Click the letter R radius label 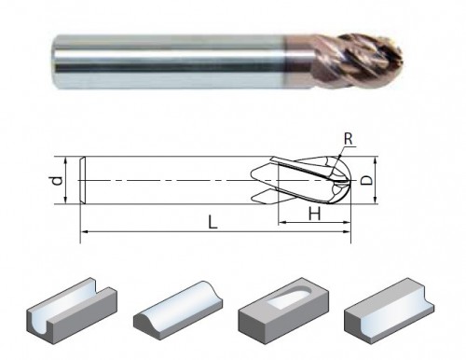click(x=349, y=139)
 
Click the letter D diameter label click(x=367, y=180)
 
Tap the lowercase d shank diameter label click(x=57, y=180)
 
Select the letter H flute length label click(x=314, y=214)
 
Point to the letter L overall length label click(x=212, y=222)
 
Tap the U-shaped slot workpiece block click(x=72, y=311)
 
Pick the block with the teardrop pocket click(x=283, y=311)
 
